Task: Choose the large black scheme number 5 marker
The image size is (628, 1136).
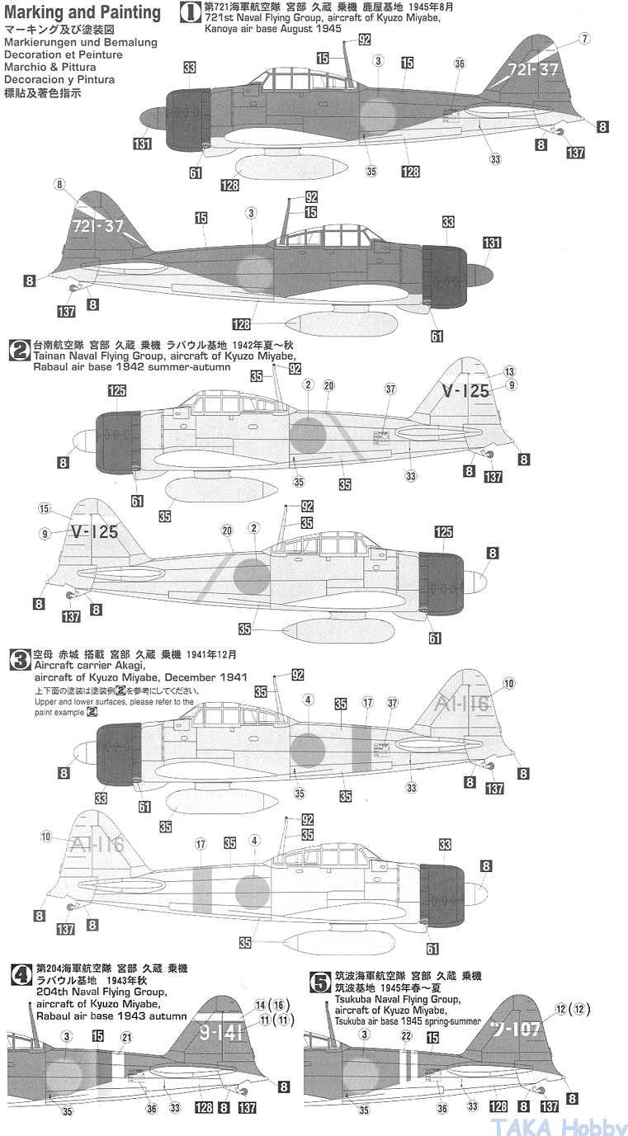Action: (317, 982)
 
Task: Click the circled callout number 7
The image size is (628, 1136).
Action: (584, 39)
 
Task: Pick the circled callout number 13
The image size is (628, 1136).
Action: (509, 371)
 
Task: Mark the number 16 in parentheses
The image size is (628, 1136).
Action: (281, 1005)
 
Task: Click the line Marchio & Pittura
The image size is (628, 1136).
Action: (50, 68)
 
